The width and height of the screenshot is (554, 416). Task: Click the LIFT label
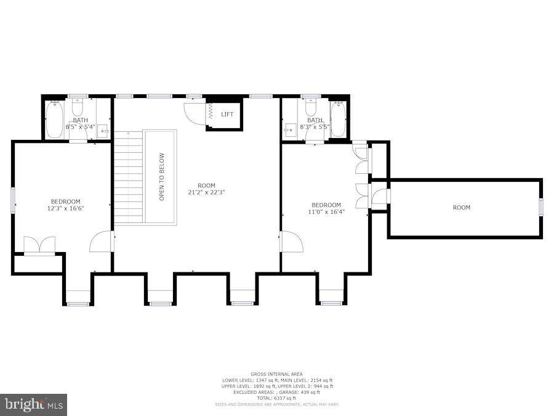(x=227, y=114)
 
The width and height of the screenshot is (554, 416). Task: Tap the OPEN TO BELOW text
(x=162, y=177)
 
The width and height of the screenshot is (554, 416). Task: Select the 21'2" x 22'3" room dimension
(x=207, y=192)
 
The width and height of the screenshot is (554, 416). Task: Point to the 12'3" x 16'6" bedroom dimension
(x=65, y=208)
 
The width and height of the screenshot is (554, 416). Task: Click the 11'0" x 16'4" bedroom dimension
(x=326, y=212)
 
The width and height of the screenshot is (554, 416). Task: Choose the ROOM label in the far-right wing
(x=462, y=208)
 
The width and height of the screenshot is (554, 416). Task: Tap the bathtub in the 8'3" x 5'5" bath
(x=338, y=118)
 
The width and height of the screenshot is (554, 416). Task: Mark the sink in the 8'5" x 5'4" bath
(x=104, y=130)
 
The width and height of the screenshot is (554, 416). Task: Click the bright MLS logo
(x=34, y=405)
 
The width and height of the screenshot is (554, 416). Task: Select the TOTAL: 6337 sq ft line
(x=277, y=398)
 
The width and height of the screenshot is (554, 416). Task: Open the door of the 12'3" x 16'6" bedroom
(x=102, y=242)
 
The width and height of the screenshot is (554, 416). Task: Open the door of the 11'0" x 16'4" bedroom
(x=291, y=241)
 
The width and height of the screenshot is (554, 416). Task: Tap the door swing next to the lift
(x=194, y=113)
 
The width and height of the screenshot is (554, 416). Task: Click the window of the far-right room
(x=541, y=208)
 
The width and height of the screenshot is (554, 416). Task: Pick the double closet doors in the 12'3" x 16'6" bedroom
(x=39, y=245)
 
